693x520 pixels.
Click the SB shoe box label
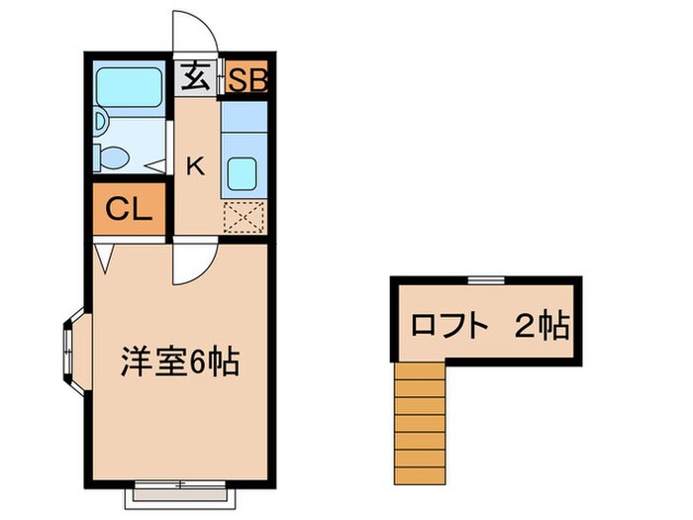[246, 78]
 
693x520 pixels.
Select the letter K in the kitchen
[195, 165]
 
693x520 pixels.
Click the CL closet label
[130, 209]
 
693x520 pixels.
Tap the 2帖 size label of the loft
[542, 325]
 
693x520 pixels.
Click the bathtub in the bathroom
[129, 88]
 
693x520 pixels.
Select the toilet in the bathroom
[113, 156]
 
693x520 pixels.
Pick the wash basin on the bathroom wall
[101, 123]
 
